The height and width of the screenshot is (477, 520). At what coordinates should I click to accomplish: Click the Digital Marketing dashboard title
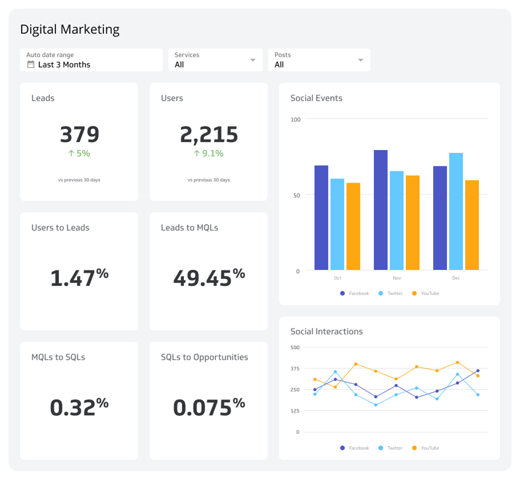[x=70, y=30]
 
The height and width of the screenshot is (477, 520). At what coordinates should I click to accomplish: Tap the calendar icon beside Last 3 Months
[x=31, y=64]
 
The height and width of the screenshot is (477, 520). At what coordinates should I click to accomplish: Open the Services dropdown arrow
[x=253, y=60]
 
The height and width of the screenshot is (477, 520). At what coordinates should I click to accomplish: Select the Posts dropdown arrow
[x=361, y=60]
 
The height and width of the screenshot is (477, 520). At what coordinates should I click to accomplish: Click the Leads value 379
[x=80, y=135]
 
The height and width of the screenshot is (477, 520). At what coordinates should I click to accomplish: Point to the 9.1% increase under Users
[x=208, y=153]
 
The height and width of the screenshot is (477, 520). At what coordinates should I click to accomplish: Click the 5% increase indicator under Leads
[x=79, y=153]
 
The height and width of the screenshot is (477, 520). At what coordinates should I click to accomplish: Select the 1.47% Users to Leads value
[x=80, y=277]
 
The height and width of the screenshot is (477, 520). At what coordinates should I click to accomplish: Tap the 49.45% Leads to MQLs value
[x=209, y=277]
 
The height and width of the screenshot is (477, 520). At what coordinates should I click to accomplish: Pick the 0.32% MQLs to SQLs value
[x=80, y=407]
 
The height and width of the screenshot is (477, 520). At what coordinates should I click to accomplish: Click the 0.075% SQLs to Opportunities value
[x=209, y=407]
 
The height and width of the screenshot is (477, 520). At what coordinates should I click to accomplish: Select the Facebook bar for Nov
[x=381, y=210]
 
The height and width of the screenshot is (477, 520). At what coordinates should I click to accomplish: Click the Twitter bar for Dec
[x=456, y=212]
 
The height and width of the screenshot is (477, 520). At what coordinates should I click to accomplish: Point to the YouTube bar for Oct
[x=353, y=227]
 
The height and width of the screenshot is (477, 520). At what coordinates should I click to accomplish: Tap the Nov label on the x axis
[x=397, y=278]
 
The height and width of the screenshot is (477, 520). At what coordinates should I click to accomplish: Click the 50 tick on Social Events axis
[x=296, y=195]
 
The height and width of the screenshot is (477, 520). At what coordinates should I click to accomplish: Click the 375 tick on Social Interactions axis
[x=295, y=368]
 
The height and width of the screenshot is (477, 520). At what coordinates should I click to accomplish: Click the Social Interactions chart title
[x=326, y=331]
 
